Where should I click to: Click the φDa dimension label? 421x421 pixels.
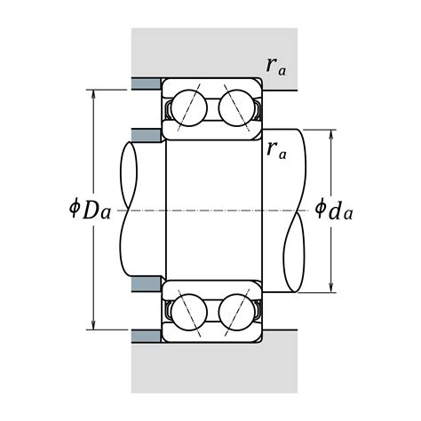[90, 210]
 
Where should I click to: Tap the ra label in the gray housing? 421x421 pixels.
[276, 67]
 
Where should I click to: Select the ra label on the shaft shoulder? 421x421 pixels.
[276, 150]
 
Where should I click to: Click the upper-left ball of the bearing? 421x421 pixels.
[189, 108]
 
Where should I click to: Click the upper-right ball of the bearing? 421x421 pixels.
[236, 108]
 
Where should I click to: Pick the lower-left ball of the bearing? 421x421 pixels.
[189, 312]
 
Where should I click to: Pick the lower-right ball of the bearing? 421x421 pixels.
[236, 312]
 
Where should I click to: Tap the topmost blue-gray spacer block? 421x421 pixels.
[146, 83]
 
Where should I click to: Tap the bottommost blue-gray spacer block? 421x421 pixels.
[146, 337]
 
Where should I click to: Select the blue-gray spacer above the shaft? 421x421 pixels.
[147, 135]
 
